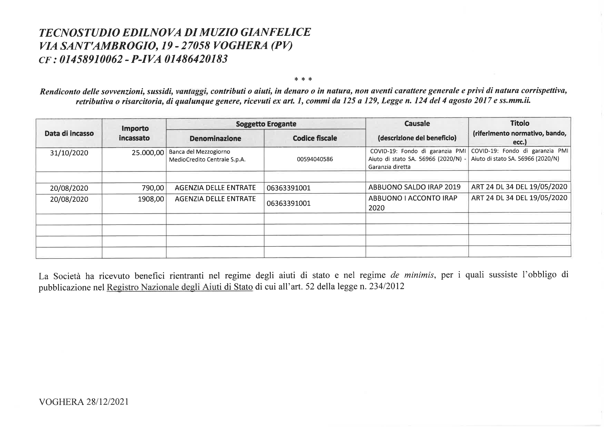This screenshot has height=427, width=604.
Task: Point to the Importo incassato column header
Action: pyautogui.click(x=135, y=133)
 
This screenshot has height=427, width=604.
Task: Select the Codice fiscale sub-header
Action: pyautogui.click(x=315, y=138)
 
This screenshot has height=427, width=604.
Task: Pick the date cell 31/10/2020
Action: pyautogui.click(x=69, y=153)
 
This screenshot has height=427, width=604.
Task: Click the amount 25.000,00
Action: pyautogui.click(x=148, y=153)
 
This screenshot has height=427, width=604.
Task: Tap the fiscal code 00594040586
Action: pyautogui.click(x=315, y=159)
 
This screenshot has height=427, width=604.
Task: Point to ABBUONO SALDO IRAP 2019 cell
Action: pyautogui.click(x=414, y=187)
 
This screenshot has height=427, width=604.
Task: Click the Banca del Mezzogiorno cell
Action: pyautogui.click(x=207, y=156)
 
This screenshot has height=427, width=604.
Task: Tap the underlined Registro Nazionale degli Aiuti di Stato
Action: pyautogui.click(x=180, y=287)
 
